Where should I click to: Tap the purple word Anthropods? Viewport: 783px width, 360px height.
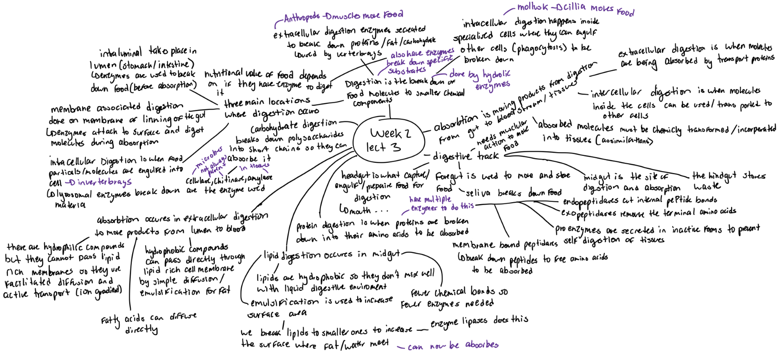click(302, 18)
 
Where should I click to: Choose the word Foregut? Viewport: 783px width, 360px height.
click(449, 176)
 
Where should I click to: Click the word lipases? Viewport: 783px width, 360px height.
click(475, 321)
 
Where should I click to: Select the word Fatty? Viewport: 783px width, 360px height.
click(110, 320)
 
